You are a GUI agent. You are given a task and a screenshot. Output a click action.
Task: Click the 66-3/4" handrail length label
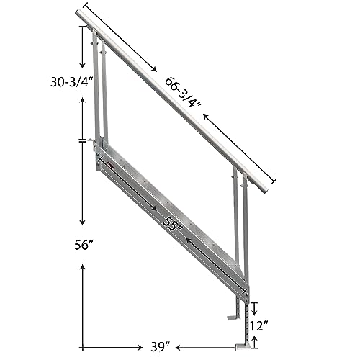pyautogui.click(x=181, y=92)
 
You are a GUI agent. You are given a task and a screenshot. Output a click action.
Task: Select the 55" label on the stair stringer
pyautogui.click(x=172, y=225)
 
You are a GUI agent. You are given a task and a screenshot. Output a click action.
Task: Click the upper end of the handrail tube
pyautogui.click(x=79, y=13)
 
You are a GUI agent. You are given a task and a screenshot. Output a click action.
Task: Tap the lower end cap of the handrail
pyautogui.click(x=264, y=188)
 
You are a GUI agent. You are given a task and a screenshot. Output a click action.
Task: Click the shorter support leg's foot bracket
pyautogui.click(x=231, y=315)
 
